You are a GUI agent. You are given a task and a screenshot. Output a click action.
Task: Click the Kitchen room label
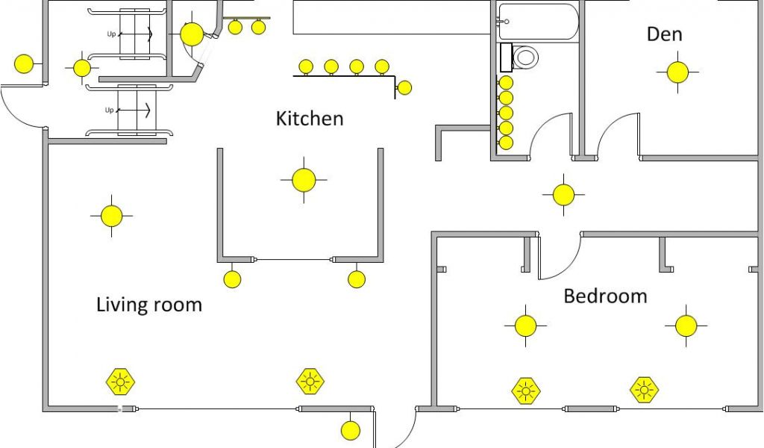[310, 118]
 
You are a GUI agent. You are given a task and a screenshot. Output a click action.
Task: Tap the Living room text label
[149, 305]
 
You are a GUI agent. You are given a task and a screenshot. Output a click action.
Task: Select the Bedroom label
[605, 296]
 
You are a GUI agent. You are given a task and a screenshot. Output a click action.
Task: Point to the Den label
[664, 34]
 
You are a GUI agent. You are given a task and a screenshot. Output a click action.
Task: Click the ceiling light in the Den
[677, 72]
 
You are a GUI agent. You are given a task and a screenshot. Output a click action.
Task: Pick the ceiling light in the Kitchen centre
[304, 180]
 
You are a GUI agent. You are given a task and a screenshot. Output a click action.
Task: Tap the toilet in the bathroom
[525, 57]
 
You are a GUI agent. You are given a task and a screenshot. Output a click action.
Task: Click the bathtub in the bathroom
[538, 21]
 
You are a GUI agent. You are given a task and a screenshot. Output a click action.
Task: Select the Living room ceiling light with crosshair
[111, 216]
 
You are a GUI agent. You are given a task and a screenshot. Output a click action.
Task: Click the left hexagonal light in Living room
[119, 382]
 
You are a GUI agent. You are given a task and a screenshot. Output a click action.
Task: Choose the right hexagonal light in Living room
[310, 382]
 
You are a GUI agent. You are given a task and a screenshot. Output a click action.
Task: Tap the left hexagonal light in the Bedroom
[526, 391]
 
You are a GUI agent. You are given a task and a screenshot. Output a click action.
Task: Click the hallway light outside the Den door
[563, 195]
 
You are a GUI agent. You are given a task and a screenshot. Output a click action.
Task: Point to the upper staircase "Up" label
[111, 34]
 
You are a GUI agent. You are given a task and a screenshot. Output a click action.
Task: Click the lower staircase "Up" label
[110, 111]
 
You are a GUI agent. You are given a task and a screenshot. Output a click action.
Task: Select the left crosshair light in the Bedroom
[525, 326]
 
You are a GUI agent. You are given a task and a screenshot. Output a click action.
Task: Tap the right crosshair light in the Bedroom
[686, 326]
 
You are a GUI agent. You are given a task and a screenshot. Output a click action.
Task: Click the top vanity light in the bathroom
[506, 82]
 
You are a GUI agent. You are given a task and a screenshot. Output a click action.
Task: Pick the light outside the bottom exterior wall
[350, 430]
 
